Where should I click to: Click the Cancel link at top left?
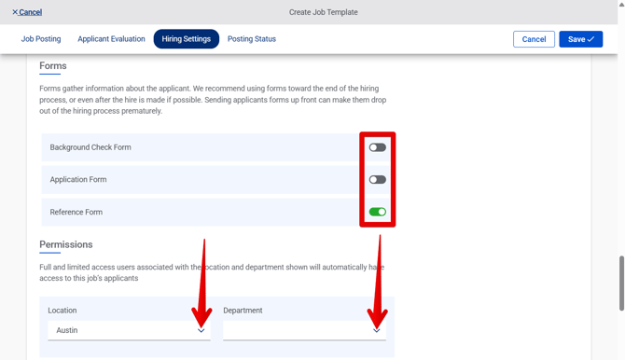[x=27, y=12]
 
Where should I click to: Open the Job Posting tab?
[x=41, y=39]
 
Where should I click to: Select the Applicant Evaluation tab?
[x=111, y=39]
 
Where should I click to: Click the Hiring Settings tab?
[x=186, y=39]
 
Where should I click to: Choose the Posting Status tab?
[x=252, y=39]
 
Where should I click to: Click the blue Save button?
[x=580, y=39]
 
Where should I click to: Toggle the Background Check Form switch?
[x=377, y=147]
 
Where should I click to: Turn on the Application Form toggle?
[x=377, y=180]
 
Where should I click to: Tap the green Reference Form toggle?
[x=377, y=212]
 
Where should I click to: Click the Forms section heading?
[x=53, y=66]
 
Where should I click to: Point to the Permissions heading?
[x=66, y=244]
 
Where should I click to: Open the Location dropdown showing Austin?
[x=129, y=330]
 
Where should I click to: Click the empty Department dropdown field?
[x=304, y=330]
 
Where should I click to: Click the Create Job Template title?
[x=323, y=12]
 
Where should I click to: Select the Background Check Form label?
[x=90, y=147]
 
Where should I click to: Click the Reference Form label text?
[x=76, y=212]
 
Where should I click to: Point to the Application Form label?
[x=78, y=180]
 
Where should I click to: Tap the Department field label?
[x=243, y=311]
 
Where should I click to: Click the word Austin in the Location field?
[x=67, y=330]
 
